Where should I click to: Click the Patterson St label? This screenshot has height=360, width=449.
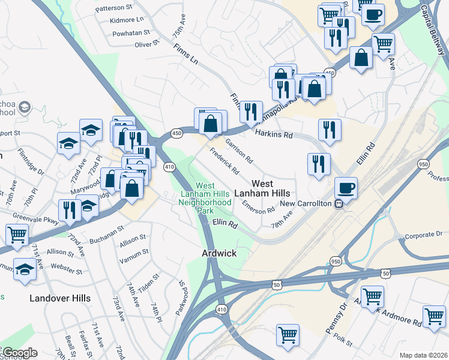(x=113, y=8)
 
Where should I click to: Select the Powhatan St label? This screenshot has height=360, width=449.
(x=130, y=33)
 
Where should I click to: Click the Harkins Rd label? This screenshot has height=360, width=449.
(x=273, y=135)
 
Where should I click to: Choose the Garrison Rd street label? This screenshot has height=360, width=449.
(x=239, y=151)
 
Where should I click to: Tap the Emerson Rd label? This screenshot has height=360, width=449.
(x=258, y=206)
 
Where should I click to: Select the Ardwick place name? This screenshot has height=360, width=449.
(x=218, y=253)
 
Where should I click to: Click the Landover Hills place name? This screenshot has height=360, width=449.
(x=61, y=298)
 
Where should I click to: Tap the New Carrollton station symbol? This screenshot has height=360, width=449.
(x=339, y=203)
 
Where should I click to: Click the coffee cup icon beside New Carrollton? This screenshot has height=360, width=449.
(x=346, y=187)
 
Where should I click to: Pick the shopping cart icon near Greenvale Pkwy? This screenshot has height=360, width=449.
(x=17, y=235)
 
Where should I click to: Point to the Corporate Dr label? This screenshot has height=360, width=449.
(x=423, y=235)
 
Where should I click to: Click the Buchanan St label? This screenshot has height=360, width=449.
(x=107, y=229)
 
